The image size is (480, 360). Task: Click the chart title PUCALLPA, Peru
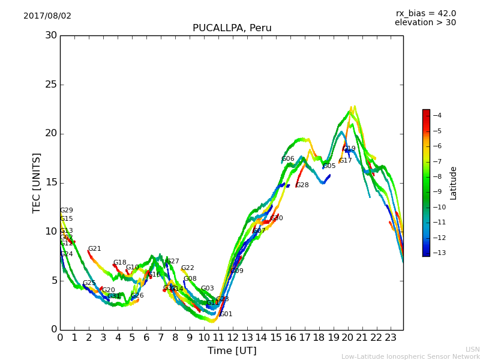coord(232,28)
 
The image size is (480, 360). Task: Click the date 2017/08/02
coord(47,16)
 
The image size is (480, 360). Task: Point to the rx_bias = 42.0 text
coord(425,13)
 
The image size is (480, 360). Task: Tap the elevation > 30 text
coord(425,23)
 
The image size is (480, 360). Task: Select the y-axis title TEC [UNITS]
coord(37,182)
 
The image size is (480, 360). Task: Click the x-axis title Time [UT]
coord(232,350)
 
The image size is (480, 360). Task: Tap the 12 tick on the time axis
coord(232,338)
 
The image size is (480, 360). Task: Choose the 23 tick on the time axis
coord(391,338)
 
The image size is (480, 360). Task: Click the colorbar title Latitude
coord(454,182)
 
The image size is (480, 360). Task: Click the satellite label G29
coord(67,211)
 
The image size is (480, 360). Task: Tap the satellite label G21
coord(95,249)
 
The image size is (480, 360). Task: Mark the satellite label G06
coord(288,159)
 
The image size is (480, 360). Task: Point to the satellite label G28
coord(302,185)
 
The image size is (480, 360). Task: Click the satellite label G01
coord(226,314)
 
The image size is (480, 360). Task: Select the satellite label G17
coord(346,161)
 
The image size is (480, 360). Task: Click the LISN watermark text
coord(473,349)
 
